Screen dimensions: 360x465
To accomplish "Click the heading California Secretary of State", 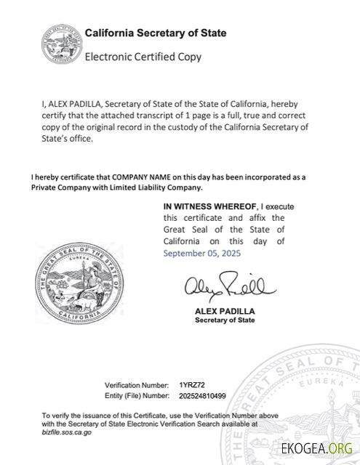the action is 155,33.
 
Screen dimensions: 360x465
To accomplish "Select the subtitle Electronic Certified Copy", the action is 143,57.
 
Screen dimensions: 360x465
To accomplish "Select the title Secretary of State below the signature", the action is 225,320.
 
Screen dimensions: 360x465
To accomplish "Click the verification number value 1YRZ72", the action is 193,384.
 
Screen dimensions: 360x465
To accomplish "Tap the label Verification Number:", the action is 137,384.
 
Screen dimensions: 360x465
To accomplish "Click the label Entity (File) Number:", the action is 137,395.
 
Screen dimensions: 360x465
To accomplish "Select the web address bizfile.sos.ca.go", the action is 67,432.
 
